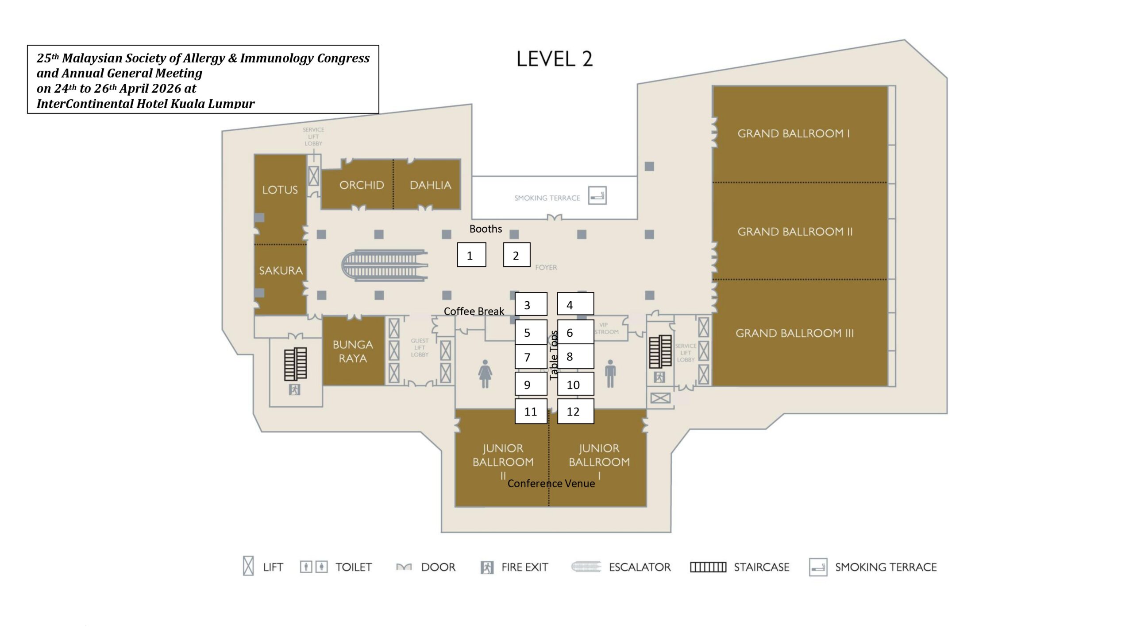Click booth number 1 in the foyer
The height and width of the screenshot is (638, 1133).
point(471,255)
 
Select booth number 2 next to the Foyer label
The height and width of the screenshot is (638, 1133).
point(516,255)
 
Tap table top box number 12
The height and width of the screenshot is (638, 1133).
point(575,411)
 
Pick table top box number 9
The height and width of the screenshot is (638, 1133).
point(531,384)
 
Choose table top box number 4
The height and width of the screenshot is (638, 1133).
point(575,304)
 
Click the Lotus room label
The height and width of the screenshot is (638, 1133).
point(280,190)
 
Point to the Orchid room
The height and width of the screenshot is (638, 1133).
point(361,185)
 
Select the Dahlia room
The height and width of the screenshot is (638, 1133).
point(430,185)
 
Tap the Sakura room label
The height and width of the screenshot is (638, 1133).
point(281,270)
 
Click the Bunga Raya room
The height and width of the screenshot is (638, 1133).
point(353,351)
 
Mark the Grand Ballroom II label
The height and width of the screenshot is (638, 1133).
point(794,231)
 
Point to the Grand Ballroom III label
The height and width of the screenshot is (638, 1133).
point(794,333)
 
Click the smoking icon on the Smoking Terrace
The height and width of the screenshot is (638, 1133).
point(597,195)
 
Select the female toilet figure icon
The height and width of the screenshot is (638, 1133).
point(485,373)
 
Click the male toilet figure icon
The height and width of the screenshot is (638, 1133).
point(610,373)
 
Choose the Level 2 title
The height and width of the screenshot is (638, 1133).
point(554,59)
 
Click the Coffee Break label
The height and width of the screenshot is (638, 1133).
point(474,311)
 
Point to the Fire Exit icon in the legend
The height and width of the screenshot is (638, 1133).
point(487,567)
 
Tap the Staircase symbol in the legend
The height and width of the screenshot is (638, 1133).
point(708,567)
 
